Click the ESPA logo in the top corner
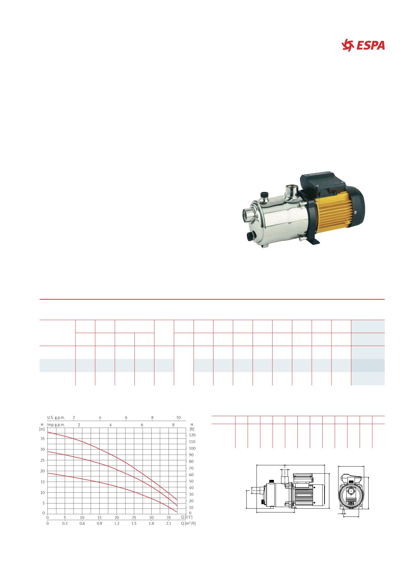coord(363,45)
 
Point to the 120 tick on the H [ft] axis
coord(192,435)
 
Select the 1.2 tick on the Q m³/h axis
coord(117,524)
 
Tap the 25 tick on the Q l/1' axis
coord(134,517)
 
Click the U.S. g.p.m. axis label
coord(56,417)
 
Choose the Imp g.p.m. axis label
coord(56,425)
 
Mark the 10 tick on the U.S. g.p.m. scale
coord(178,417)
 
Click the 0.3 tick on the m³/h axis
coord(65,524)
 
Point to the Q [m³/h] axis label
coord(188,524)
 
